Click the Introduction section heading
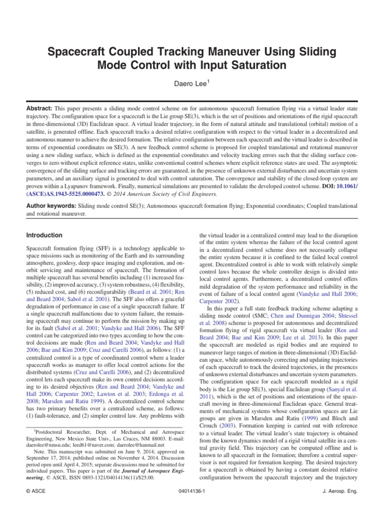pos(44,235)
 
